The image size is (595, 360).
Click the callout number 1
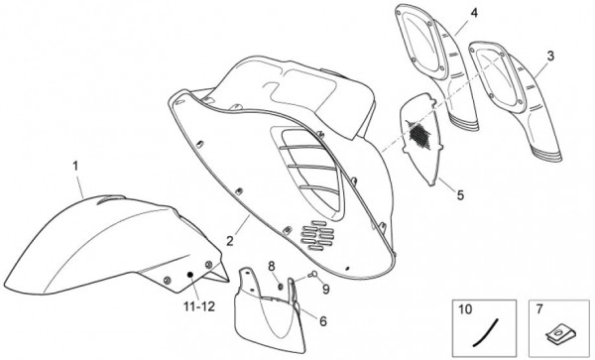click(75, 167)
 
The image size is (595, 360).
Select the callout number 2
click(230, 241)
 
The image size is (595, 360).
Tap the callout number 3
click(550, 57)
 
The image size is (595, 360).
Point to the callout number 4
click(474, 13)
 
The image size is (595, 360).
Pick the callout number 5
click(460, 195)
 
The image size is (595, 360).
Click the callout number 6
click(323, 321)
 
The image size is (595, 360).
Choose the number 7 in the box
click(539, 309)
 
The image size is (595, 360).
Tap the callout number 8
click(272, 267)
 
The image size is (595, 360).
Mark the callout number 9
click(326, 290)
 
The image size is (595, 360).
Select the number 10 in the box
click(465, 309)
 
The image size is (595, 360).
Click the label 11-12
click(199, 306)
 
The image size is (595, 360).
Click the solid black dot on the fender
click(190, 275)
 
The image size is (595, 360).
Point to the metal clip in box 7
click(560, 335)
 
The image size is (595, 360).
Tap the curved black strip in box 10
click(486, 333)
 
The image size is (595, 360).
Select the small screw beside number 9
click(313, 274)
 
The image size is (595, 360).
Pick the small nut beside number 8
click(281, 286)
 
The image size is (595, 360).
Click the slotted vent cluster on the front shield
click(316, 236)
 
